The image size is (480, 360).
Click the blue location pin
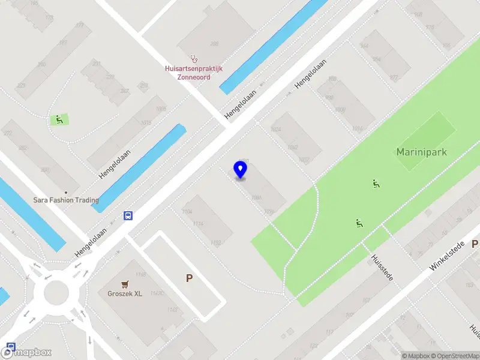[x=240, y=170]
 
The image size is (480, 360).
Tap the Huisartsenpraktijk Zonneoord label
[x=194, y=73]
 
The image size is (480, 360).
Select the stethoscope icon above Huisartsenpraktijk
[x=194, y=59]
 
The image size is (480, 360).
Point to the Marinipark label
[x=421, y=152]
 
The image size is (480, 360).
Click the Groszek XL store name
[x=125, y=293]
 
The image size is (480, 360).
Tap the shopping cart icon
[x=125, y=284]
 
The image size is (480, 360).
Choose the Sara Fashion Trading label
[x=66, y=200]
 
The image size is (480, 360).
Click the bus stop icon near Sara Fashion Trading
[x=128, y=215]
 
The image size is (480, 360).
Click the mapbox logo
[x=26, y=352]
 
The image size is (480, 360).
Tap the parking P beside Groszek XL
[x=190, y=278]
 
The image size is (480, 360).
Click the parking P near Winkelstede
[x=475, y=244]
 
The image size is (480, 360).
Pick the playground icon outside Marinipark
[x=59, y=119]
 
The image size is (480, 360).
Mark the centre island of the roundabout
[x=56, y=292]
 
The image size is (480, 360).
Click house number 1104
[x=187, y=212]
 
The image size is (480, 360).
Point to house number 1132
[x=215, y=243]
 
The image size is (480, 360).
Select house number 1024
[x=276, y=130]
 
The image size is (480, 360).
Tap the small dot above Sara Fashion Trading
[x=66, y=193]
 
